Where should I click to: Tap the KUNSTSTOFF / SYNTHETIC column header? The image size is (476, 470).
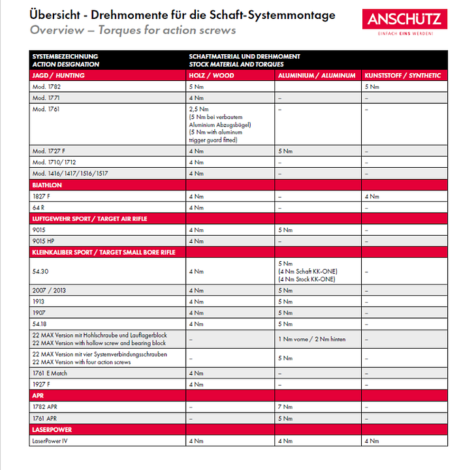tap(402, 76)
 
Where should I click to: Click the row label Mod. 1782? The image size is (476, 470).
tap(47, 86)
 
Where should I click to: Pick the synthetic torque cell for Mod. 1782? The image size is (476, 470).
tap(372, 86)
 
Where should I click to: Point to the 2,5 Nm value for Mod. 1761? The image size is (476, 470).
tap(198, 109)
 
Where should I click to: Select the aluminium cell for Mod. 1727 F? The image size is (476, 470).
tap(285, 151)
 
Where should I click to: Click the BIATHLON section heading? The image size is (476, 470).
tap(47, 185)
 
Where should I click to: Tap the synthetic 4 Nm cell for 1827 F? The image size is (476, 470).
tap(372, 196)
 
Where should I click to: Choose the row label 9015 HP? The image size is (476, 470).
tap(44, 241)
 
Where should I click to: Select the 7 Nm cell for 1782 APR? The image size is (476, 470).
tap(285, 406)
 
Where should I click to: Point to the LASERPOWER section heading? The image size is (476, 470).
tap(52, 430)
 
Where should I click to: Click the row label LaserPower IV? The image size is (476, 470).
tap(51, 441)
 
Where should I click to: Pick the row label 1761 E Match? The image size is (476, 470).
tap(50, 373)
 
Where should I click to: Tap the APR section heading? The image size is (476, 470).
tap(38, 395)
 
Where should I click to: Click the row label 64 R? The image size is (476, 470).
tap(39, 207)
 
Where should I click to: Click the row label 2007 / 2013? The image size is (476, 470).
tap(49, 290)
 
